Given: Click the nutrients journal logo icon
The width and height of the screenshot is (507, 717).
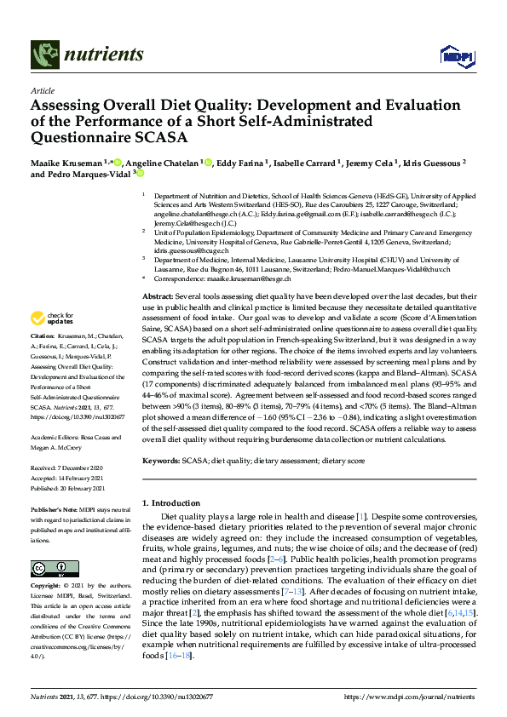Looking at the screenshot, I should [43, 55].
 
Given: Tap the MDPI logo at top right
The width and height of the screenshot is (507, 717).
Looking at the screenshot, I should [455, 56].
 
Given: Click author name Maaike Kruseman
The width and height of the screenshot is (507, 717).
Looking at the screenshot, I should [65, 162].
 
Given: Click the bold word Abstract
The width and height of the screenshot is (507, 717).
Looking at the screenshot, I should [158, 294].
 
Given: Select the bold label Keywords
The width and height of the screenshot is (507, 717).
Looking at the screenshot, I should [161, 459].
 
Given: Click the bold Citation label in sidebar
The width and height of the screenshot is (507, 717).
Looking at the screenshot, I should [43, 361].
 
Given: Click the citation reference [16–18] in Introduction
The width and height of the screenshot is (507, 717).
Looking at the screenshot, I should [177, 655].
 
